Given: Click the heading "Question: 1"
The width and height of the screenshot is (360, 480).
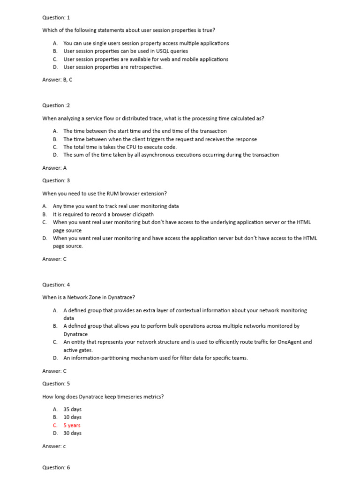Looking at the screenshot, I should [x=56, y=18].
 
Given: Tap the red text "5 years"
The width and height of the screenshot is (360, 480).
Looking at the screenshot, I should [x=72, y=425].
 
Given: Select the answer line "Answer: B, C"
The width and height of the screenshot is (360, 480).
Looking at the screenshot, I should [x=57, y=80].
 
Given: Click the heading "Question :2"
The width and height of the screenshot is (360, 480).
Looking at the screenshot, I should [x=56, y=105].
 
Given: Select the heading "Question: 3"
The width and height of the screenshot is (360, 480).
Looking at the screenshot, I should [x=56, y=180].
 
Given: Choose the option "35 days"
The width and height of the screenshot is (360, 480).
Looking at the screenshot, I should [x=72, y=409].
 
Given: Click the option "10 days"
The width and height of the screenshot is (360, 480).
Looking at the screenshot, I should [x=72, y=417].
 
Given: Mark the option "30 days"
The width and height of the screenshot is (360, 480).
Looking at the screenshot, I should [x=72, y=433].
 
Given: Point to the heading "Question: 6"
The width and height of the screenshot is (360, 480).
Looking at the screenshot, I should [x=56, y=467].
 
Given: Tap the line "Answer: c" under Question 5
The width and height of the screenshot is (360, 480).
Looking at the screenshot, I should [x=54, y=446].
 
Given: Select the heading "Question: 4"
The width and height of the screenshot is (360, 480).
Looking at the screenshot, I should [x=56, y=285].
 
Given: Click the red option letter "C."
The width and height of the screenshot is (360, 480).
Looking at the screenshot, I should [x=55, y=425].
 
